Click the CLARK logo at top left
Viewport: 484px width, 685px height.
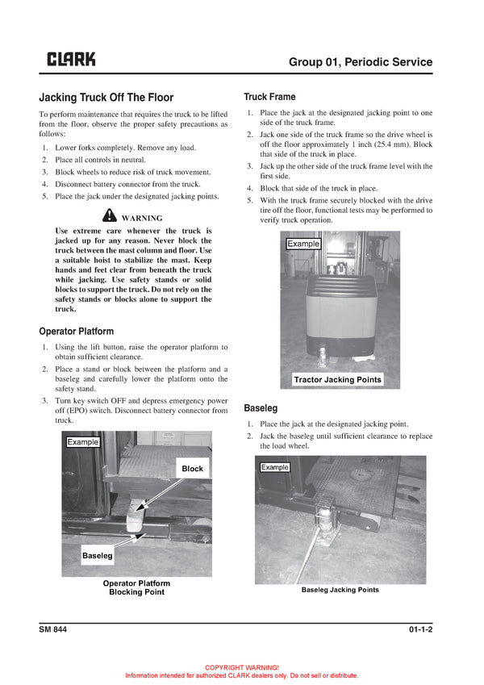pos(71,59)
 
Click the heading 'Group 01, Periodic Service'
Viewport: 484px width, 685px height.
pos(361,62)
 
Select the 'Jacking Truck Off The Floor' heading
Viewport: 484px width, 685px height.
pos(106,98)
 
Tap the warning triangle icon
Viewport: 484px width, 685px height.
pos(111,216)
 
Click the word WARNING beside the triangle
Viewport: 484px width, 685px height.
pos(142,218)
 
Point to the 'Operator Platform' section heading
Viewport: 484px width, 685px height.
pos(76,331)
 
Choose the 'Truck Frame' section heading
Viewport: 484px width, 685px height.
pos(269,97)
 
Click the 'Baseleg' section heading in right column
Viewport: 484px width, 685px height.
pos(261,408)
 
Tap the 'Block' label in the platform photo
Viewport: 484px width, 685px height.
pos(193,469)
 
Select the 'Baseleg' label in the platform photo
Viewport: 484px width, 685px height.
pos(97,556)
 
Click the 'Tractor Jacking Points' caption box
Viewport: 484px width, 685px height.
pos(337,379)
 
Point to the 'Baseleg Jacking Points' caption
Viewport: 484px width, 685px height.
pos(340,590)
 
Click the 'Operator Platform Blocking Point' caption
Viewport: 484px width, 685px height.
pos(136,587)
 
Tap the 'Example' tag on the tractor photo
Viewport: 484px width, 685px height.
pos(303,244)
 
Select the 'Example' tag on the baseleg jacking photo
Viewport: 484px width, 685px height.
pos(275,467)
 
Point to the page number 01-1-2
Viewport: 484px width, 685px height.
pos(415,630)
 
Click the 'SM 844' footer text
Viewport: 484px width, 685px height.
pos(52,630)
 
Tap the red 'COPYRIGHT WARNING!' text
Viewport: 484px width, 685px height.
pos(242,667)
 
